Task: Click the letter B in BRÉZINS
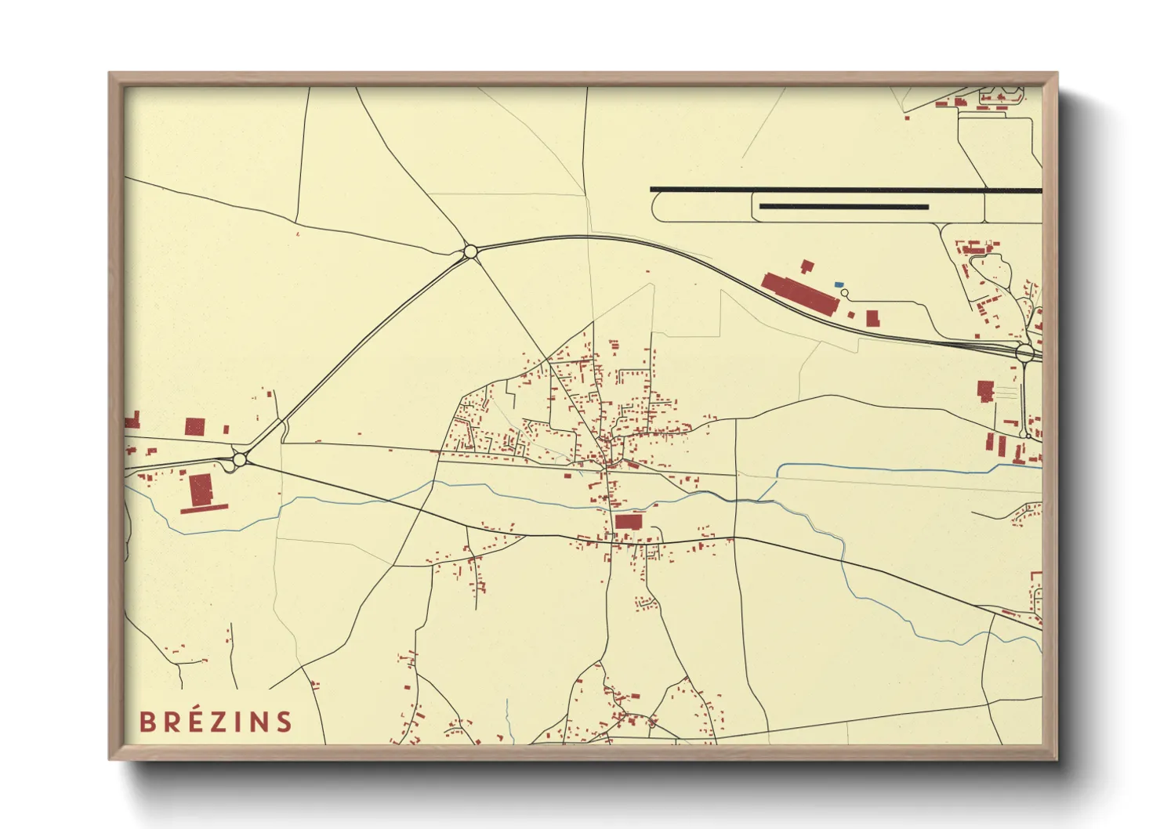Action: [x=147, y=722]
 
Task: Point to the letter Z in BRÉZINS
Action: [x=223, y=722]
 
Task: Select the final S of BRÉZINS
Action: [x=284, y=722]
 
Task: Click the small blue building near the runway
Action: [x=839, y=284]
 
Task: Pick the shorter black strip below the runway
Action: [x=844, y=207]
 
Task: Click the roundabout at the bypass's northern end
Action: [x=470, y=252]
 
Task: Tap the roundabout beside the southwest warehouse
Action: [x=239, y=460]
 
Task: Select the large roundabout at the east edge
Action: [x=1024, y=353]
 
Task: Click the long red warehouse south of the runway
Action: [x=800, y=293]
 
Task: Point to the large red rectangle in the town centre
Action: [x=629, y=521]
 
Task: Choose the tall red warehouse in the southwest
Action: [x=201, y=490]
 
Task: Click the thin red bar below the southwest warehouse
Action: [x=204, y=509]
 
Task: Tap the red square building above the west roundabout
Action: [x=194, y=427]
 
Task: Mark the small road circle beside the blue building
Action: [x=844, y=293]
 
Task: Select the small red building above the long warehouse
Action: [x=807, y=266]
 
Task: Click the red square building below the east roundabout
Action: [x=985, y=389]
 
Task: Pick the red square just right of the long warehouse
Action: [x=872, y=317]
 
